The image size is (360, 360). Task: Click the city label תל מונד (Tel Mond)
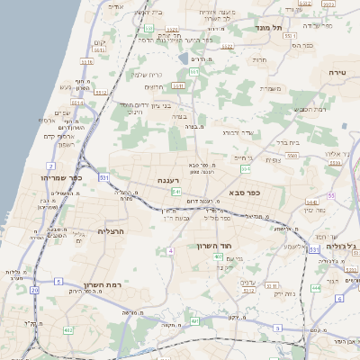[269, 27]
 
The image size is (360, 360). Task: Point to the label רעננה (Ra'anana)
[170, 179]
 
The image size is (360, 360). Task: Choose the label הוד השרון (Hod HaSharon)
[213, 244]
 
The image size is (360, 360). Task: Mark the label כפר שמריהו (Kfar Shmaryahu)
[62, 177]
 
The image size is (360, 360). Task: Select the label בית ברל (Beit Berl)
[287, 141]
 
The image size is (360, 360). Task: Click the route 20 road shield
[34, 291]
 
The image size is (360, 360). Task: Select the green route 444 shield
[315, 289]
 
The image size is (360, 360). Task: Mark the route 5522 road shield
[229, 47]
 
